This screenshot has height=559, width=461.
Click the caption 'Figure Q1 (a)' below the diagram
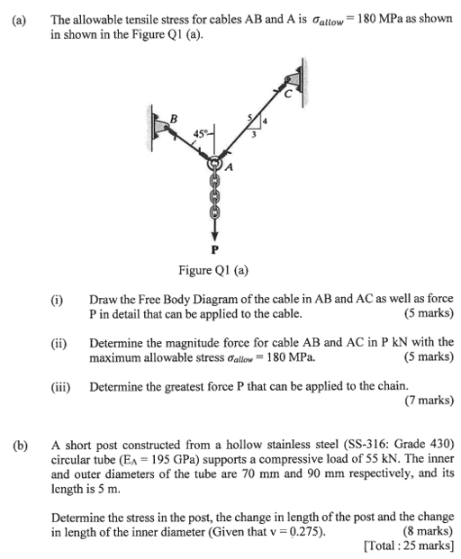[214, 270]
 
